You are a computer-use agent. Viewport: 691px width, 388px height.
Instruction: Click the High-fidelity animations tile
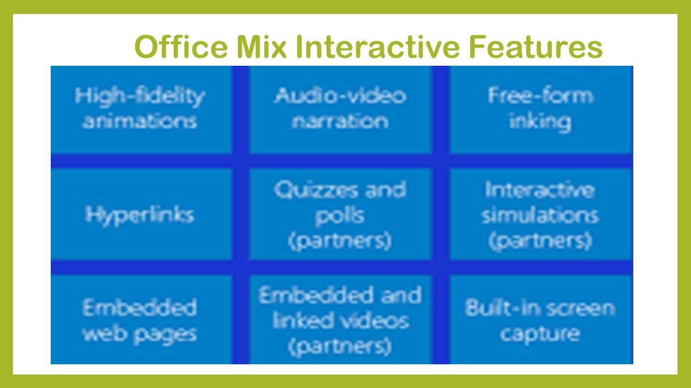click(140, 109)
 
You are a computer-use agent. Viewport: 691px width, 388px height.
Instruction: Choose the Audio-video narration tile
click(340, 109)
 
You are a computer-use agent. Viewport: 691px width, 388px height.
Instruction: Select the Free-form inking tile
click(540, 109)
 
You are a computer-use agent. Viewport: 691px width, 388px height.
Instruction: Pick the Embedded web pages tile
click(140, 321)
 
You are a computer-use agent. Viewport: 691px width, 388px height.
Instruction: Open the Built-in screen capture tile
click(540, 321)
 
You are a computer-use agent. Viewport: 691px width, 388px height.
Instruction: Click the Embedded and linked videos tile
click(340, 321)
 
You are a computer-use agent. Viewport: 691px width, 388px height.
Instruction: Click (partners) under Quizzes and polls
click(340, 240)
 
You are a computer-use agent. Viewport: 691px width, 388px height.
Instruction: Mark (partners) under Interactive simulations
click(540, 240)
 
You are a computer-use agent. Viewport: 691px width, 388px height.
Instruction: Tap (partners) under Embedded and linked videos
click(340, 346)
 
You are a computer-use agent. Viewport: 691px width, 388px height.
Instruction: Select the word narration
click(340, 121)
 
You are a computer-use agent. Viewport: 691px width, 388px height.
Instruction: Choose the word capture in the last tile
click(540, 334)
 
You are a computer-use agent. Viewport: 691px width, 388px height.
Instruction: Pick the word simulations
click(540, 216)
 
